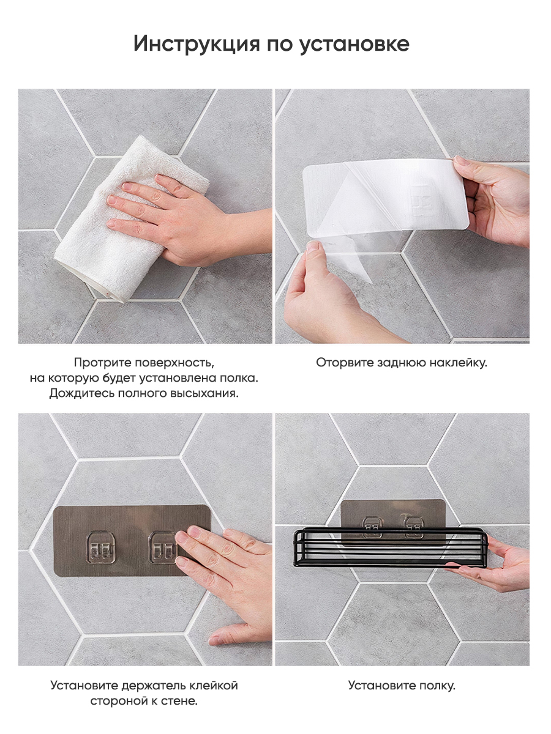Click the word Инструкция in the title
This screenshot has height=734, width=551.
point(197,44)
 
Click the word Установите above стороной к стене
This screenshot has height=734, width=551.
point(84,686)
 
